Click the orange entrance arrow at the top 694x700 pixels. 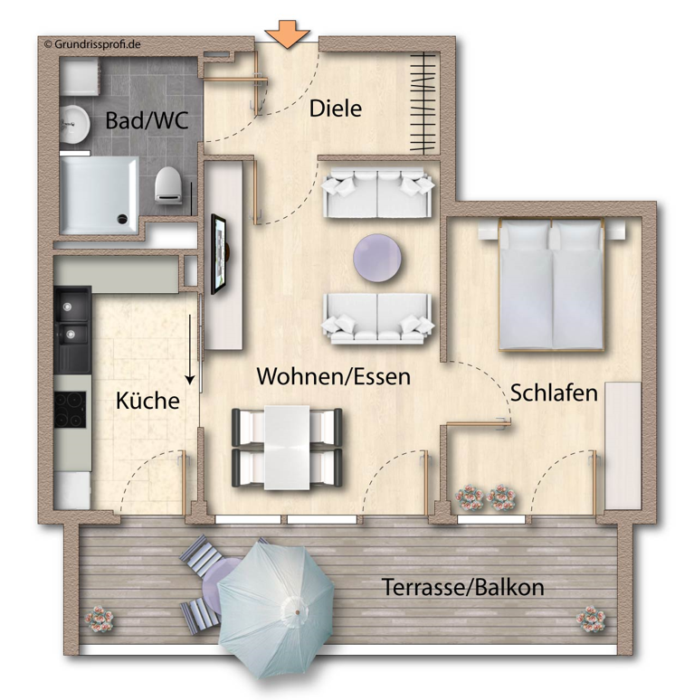[x=288, y=33]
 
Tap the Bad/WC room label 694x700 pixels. [x=147, y=120]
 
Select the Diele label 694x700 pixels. [x=335, y=109]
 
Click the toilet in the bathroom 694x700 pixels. [x=168, y=185]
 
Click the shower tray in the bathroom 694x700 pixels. [x=99, y=194]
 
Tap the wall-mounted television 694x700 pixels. [x=220, y=254]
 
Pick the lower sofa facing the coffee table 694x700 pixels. [x=377, y=318]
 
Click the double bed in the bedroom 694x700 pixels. [x=551, y=285]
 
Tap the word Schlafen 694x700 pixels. [x=554, y=393]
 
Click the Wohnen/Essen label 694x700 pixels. [x=333, y=376]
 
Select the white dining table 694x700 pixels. [x=288, y=447]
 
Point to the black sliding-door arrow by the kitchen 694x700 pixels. [x=191, y=349]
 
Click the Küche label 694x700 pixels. [x=147, y=401]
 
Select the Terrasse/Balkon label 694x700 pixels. [x=462, y=588]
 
